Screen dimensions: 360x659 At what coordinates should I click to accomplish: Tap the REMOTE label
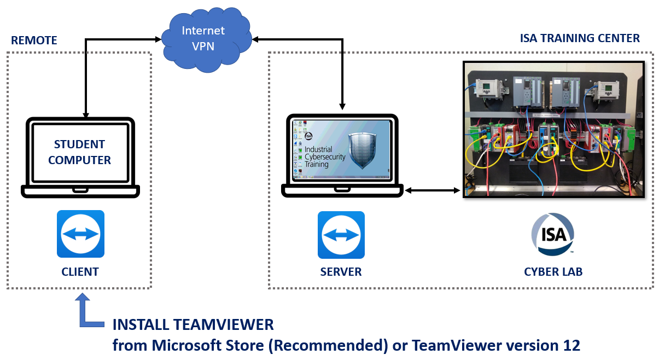pos(34,40)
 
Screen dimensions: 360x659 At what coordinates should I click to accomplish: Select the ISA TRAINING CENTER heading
pos(580,38)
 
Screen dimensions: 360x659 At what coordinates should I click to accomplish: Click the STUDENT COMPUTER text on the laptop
pos(80,152)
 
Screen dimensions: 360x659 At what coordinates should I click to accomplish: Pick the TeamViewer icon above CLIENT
pos(80,234)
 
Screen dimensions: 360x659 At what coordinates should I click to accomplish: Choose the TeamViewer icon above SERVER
pos(341,235)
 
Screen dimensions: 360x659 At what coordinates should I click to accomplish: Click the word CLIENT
pos(80,271)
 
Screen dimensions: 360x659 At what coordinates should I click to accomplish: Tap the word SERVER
pos(341,272)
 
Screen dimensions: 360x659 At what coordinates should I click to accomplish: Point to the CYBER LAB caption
pos(552,272)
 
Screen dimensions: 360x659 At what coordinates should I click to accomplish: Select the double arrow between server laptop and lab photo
pos(432,190)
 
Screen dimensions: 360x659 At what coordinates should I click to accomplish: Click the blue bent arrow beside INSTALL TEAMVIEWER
pos(88,313)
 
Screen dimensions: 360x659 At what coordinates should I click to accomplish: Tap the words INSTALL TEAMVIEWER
pos(193,324)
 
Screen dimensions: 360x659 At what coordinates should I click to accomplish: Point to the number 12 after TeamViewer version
pos(571,345)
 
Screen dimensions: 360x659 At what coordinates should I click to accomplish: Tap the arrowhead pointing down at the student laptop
pos(86,114)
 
